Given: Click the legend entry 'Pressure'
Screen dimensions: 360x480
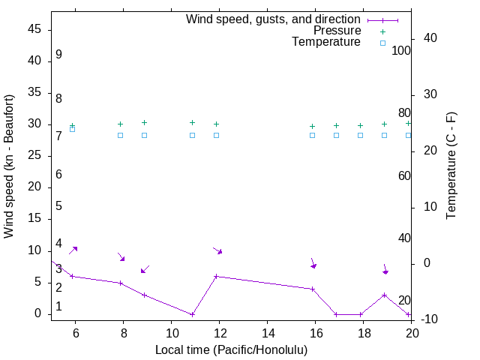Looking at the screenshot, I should [x=337, y=31].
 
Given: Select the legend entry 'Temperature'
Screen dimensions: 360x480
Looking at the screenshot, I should [x=326, y=42].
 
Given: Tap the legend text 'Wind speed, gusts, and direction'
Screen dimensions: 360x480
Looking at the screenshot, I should [x=273, y=19].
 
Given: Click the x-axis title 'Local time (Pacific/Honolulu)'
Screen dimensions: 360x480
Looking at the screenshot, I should [x=231, y=349].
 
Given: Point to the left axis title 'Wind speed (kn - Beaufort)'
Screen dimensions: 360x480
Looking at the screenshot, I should [x=9, y=166].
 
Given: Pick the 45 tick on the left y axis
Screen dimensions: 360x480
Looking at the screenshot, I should [x=34, y=30].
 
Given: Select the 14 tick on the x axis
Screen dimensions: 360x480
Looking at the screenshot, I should [x=267, y=331].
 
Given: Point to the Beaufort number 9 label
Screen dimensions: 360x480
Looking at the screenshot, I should [x=58, y=55].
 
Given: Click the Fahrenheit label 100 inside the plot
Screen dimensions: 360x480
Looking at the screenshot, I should [x=401, y=51].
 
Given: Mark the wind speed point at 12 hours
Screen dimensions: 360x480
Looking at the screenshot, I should [x=216, y=276].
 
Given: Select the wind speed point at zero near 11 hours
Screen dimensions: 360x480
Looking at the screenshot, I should [x=192, y=314].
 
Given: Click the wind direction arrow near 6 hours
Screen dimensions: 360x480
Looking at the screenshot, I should [x=73, y=250].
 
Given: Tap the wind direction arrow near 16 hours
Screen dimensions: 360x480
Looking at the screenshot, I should [x=313, y=263].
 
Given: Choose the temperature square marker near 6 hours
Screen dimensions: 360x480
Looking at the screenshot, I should [x=72, y=129].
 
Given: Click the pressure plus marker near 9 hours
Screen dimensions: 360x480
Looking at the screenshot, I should [x=144, y=122].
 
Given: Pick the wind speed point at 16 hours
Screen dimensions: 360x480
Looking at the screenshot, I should [x=312, y=289].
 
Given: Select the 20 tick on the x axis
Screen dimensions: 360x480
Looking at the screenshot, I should [x=411, y=331].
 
